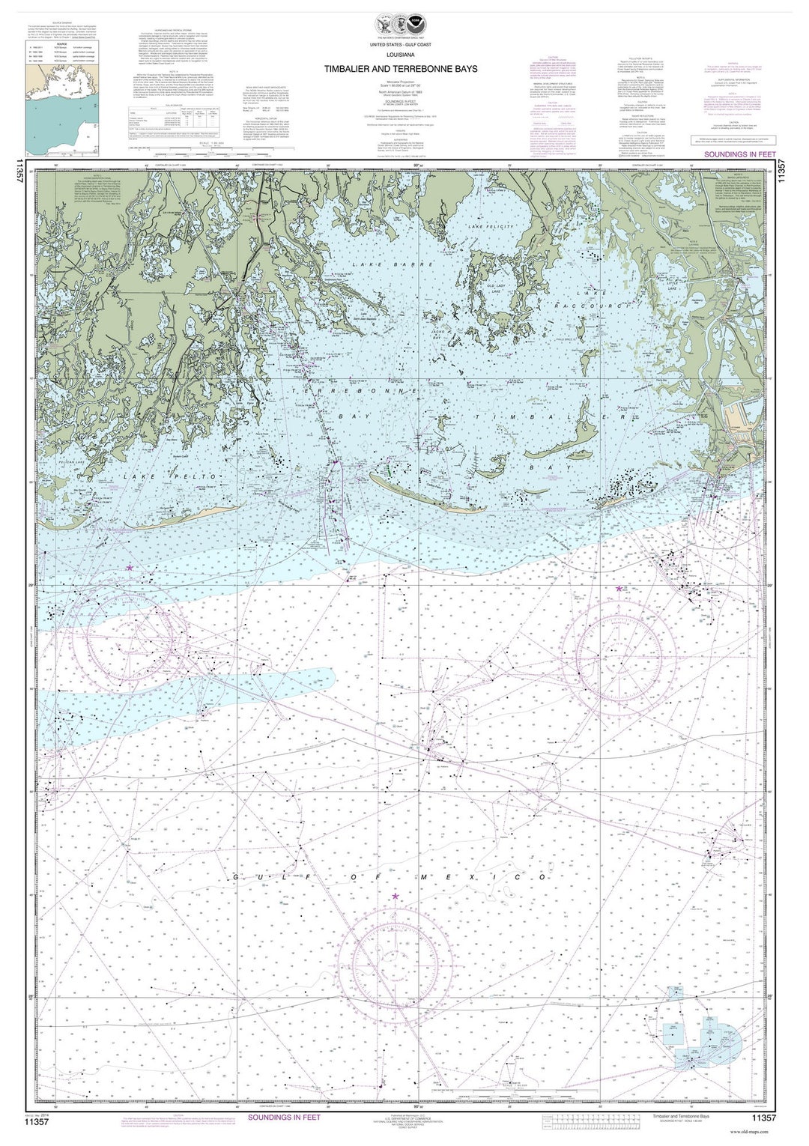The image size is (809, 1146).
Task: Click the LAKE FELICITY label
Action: coord(491,226)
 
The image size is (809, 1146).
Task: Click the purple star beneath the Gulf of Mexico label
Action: coord(396,896)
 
